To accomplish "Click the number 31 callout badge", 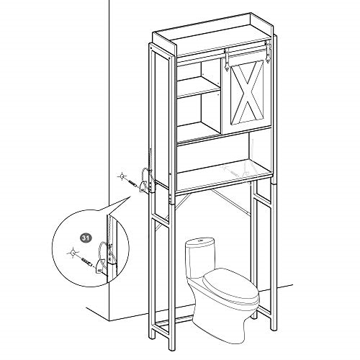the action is (x=86, y=238).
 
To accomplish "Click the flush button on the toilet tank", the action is (x=200, y=240).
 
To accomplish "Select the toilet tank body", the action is (x=199, y=258).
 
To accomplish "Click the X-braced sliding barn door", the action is (x=246, y=94).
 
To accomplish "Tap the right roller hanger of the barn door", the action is (x=267, y=53).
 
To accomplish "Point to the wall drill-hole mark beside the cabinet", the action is (x=122, y=177).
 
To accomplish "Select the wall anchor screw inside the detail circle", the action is (x=87, y=262).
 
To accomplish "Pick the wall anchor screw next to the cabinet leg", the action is (x=132, y=183).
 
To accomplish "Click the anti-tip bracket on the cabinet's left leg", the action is (x=143, y=186).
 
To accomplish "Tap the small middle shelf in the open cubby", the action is (x=199, y=87).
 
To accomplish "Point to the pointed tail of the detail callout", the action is (x=131, y=197).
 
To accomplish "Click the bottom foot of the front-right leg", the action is (x=274, y=328).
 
